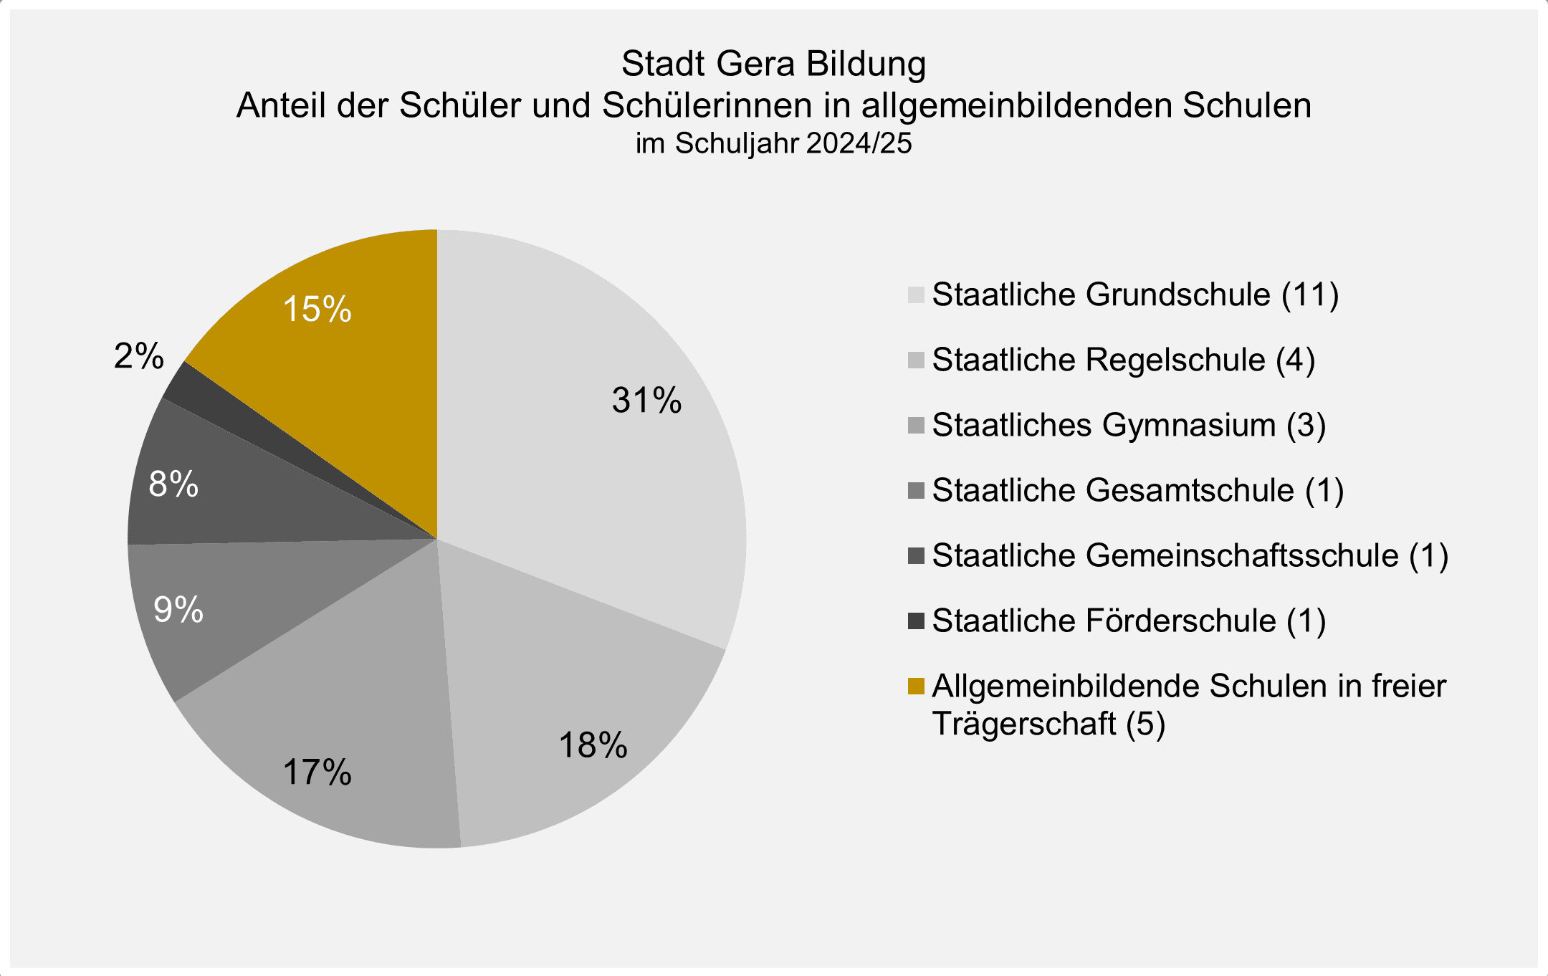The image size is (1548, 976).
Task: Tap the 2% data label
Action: click(x=139, y=355)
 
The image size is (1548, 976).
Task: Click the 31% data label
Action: click(x=646, y=400)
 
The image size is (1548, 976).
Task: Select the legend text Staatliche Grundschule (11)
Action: click(x=1135, y=295)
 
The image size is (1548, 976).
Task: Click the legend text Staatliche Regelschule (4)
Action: click(x=1123, y=360)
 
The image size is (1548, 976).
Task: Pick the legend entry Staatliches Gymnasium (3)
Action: click(x=1129, y=425)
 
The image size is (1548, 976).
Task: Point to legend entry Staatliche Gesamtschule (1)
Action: click(x=1137, y=490)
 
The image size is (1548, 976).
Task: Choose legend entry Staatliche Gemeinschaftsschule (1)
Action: click(x=1190, y=555)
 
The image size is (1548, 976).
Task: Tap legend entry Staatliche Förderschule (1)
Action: click(x=1129, y=621)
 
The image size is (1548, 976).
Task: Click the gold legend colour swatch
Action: click(x=916, y=686)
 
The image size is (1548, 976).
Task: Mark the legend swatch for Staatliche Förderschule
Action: click(x=916, y=621)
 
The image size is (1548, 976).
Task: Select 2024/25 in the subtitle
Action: click(x=859, y=143)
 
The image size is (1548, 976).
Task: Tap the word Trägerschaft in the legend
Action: click(x=1024, y=723)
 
